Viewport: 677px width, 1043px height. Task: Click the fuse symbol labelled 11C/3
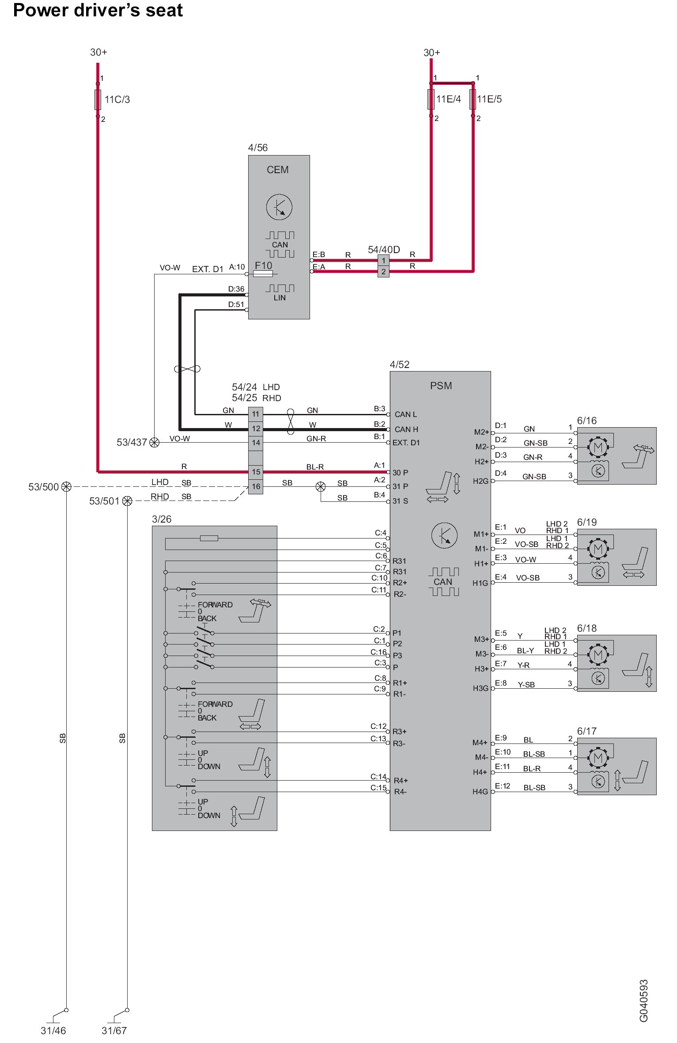(98, 100)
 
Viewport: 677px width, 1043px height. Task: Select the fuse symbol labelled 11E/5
(473, 99)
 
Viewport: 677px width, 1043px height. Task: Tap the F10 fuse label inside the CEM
(264, 265)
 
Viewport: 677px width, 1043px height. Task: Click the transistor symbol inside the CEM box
(279, 206)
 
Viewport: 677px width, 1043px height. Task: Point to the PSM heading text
(441, 386)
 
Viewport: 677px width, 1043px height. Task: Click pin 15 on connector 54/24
(256, 472)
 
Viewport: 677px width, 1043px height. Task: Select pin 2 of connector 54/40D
(383, 272)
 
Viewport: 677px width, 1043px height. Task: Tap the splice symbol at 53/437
(154, 442)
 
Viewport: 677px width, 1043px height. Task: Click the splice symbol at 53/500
(66, 486)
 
